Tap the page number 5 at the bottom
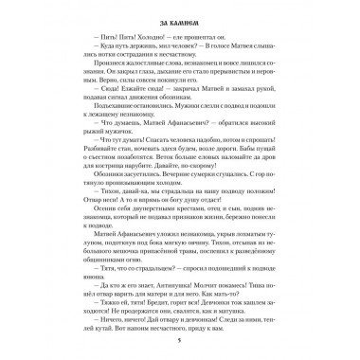click(179, 345)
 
